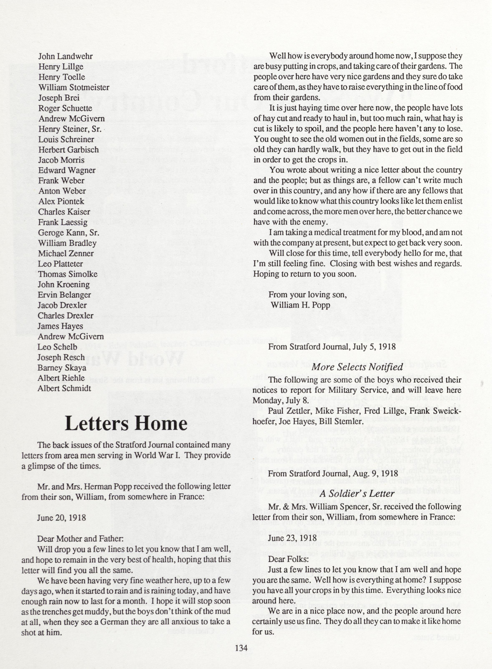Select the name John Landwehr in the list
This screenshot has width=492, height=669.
(65, 56)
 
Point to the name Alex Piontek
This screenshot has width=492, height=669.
(61, 202)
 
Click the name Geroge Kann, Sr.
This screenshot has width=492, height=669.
(69, 233)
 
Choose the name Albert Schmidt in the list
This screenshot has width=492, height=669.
(64, 389)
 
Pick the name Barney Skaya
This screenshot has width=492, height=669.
(62, 368)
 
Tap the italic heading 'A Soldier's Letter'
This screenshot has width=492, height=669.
(357, 494)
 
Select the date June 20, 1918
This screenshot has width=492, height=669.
(61, 517)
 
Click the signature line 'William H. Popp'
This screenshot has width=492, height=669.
(300, 305)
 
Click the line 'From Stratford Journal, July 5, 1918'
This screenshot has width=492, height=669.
(332, 347)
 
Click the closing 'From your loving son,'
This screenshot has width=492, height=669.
(308, 295)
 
